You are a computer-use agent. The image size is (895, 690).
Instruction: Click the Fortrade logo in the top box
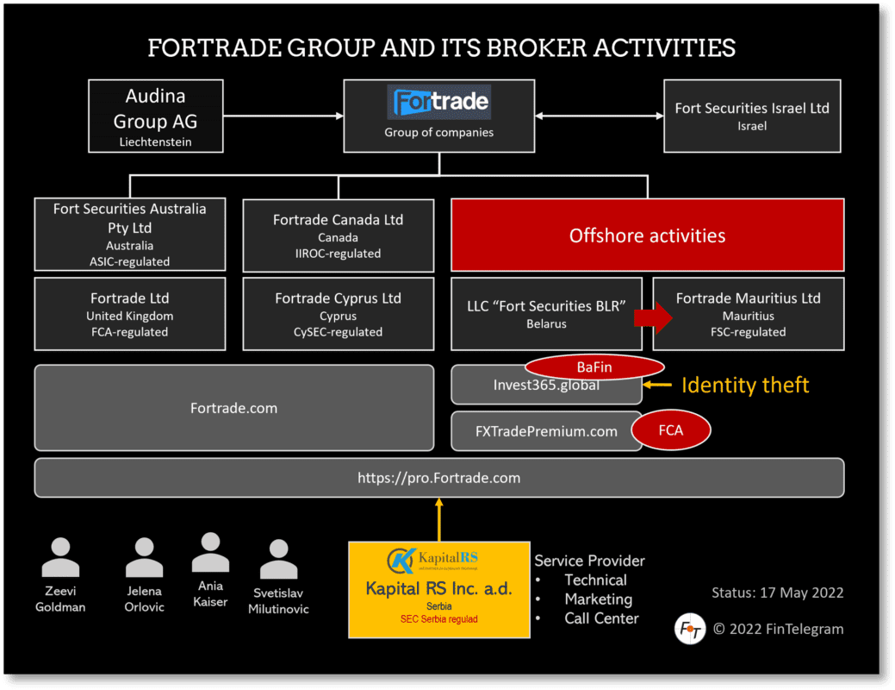pos(440,103)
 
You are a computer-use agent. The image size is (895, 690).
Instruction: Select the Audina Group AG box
pos(156,116)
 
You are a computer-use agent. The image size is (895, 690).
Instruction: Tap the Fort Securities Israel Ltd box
pos(751,116)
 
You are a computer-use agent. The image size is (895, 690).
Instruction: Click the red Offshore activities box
pos(647,235)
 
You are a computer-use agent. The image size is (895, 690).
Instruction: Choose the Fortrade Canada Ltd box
pos(338,235)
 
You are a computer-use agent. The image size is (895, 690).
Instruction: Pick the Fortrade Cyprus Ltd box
pos(338,314)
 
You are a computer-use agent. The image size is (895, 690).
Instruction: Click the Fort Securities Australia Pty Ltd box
pos(130,234)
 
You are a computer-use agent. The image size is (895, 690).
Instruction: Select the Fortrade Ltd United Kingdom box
pos(130,314)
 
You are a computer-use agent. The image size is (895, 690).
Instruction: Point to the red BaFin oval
pos(594,367)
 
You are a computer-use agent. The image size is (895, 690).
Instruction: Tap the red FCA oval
pos(671,430)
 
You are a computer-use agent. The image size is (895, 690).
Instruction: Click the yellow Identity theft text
pos(745,386)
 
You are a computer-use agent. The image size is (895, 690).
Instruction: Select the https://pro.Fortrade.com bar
pos(439,478)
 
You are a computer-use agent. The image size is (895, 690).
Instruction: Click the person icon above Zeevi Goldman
pos(60,557)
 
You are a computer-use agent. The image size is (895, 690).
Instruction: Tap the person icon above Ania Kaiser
pos(210,552)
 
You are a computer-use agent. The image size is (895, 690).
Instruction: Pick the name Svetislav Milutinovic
pos(278,601)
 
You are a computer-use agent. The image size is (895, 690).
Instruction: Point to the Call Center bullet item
pos(601,618)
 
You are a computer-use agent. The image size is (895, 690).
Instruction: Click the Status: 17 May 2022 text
pos(777,593)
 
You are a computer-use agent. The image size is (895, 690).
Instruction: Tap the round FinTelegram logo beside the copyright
pos(690,629)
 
